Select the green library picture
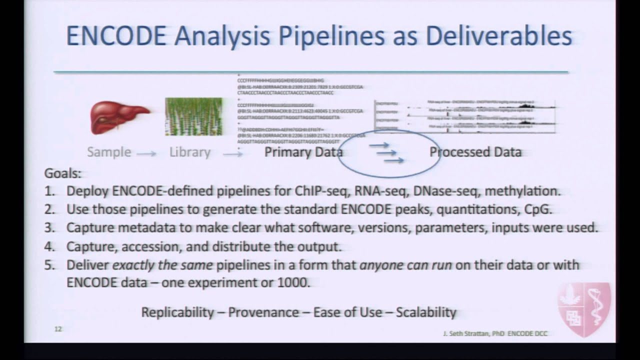193,116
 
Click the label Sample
109,152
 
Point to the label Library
189,152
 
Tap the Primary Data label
303,152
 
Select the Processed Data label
475,152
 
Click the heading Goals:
62,173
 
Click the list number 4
49,246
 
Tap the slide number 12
58,329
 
